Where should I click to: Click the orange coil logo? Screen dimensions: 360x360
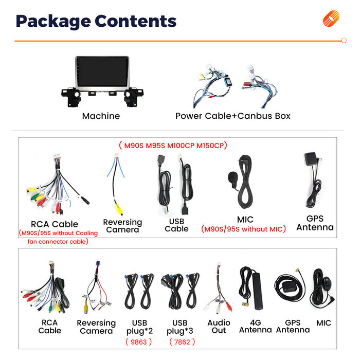(331, 19)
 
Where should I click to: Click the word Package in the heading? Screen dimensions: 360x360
(53, 22)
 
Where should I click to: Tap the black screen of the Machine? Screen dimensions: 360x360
(102, 72)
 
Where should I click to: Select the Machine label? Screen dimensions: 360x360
(101, 116)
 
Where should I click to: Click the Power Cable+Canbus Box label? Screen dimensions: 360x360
(233, 116)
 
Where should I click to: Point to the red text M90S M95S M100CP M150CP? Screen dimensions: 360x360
(173, 146)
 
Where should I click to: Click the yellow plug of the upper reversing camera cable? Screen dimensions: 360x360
(119, 209)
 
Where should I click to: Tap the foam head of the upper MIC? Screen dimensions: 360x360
(232, 177)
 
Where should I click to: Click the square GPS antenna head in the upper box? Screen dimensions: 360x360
(310, 158)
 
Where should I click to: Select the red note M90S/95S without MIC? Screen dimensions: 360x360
(244, 229)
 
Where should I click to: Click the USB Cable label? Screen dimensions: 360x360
(176, 225)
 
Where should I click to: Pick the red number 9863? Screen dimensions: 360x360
(139, 342)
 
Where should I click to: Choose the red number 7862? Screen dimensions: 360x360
(182, 342)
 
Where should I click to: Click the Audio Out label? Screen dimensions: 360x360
(219, 327)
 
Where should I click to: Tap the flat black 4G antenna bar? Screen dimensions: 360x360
(258, 291)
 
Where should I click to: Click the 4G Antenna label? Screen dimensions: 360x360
(255, 326)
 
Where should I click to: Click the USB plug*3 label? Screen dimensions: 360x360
(180, 327)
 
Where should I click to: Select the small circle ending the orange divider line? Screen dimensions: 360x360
(344, 41)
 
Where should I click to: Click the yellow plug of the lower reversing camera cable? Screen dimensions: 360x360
(86, 307)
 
